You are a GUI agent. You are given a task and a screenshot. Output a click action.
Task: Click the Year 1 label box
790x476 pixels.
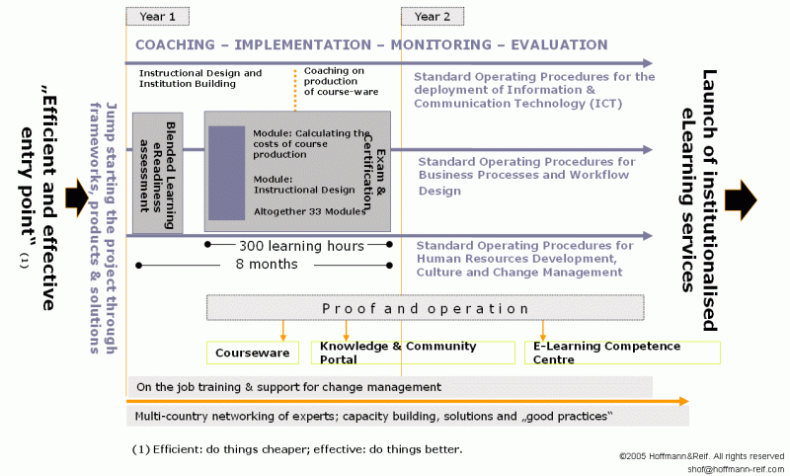coord(158,16)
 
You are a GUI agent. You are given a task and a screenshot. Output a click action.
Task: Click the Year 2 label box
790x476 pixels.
coord(433,16)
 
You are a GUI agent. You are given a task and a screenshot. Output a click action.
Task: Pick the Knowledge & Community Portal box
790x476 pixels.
coord(412,353)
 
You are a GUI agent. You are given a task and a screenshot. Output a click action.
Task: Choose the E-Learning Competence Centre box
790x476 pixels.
coord(622,353)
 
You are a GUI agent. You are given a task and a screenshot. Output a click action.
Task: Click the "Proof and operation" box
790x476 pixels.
coord(425,308)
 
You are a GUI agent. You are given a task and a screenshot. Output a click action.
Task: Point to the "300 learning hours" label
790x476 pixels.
coord(301,245)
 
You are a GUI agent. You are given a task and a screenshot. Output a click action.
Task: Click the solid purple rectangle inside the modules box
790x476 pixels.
coord(226,173)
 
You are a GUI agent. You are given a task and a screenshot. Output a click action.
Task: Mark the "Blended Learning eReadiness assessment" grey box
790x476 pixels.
coord(158,172)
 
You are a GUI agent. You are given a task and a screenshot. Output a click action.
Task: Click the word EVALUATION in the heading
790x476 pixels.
coord(555,45)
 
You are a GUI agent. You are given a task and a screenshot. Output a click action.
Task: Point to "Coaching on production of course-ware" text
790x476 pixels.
coord(338,81)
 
